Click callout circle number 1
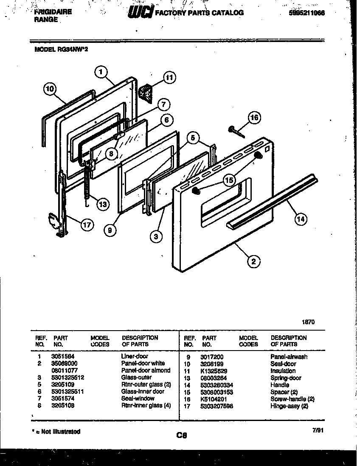point(101,72)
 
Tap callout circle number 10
point(50,89)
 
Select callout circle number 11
point(169,78)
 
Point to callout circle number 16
point(254,118)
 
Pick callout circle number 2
point(253,261)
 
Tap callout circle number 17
point(87,225)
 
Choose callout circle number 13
point(102,204)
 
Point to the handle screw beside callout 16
point(237,131)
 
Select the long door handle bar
point(272,199)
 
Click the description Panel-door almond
point(146,371)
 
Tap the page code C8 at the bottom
point(181,435)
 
